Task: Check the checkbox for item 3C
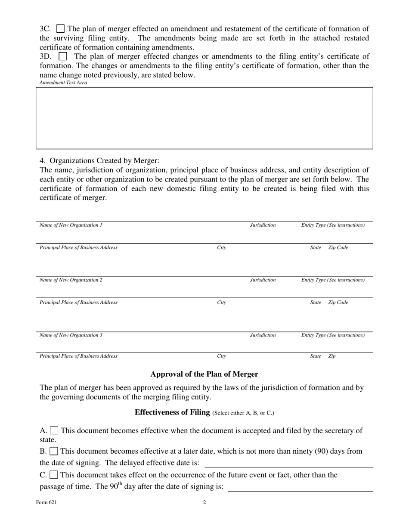point(61,29)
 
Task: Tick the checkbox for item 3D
point(63,56)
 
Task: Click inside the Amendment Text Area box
point(204,118)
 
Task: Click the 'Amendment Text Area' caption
point(63,83)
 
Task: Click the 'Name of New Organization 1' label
point(71,225)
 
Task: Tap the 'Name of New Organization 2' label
point(71,280)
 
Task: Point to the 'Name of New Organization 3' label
point(71,335)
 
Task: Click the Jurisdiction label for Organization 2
point(263,280)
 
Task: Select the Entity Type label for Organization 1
point(333,225)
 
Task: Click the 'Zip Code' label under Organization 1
point(338,248)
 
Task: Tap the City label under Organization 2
point(221,302)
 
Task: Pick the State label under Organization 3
point(316,356)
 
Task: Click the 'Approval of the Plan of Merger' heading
point(204,374)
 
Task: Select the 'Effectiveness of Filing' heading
point(172,412)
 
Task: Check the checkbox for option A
point(54,430)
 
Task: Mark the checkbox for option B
point(54,451)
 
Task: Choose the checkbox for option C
point(54,475)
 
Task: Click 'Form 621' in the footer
point(46,502)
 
